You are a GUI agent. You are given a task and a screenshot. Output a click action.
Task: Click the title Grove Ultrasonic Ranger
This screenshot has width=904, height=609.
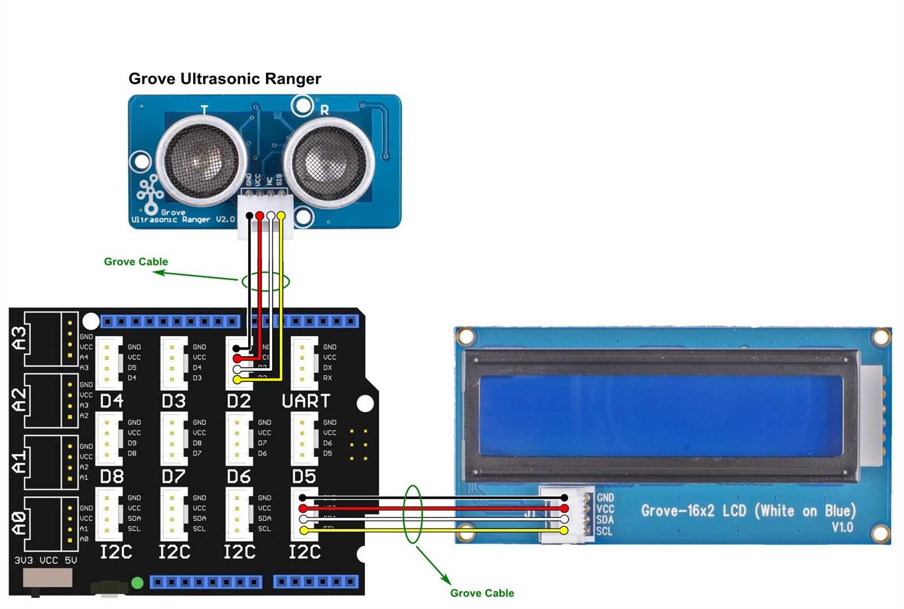[x=224, y=79]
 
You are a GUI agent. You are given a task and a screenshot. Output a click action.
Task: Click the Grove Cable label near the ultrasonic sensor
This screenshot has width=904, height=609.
[x=136, y=262]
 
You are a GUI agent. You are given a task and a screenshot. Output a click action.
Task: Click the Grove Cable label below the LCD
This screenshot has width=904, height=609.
[x=482, y=593]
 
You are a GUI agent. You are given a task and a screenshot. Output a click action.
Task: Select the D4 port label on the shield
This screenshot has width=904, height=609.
[x=111, y=401]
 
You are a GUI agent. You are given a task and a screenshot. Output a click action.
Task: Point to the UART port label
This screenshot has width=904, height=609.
[x=306, y=401]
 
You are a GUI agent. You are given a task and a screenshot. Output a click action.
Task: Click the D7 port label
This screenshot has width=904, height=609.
[x=173, y=477]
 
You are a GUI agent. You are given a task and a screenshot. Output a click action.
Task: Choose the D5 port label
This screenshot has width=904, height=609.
[x=303, y=477]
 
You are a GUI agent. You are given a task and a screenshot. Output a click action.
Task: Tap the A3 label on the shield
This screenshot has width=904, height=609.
[x=19, y=338]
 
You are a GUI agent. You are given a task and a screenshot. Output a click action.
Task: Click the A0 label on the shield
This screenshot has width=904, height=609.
[x=19, y=523]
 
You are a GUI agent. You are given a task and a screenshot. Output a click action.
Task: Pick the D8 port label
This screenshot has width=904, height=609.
[x=111, y=477]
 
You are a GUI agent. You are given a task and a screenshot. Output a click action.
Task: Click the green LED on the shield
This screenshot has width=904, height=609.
[x=137, y=582]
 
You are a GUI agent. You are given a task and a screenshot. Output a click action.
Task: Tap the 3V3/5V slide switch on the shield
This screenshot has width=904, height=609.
[x=47, y=578]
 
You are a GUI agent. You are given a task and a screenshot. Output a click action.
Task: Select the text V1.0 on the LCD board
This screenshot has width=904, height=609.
[x=842, y=528]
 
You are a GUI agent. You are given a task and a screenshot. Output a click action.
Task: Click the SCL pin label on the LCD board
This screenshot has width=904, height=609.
[x=604, y=532]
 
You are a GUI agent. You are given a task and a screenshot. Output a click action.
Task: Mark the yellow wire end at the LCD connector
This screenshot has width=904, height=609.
[x=564, y=530]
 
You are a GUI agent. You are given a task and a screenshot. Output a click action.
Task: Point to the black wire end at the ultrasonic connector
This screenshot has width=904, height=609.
[x=249, y=216]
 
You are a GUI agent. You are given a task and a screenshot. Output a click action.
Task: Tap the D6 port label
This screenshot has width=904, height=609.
[x=238, y=477]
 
